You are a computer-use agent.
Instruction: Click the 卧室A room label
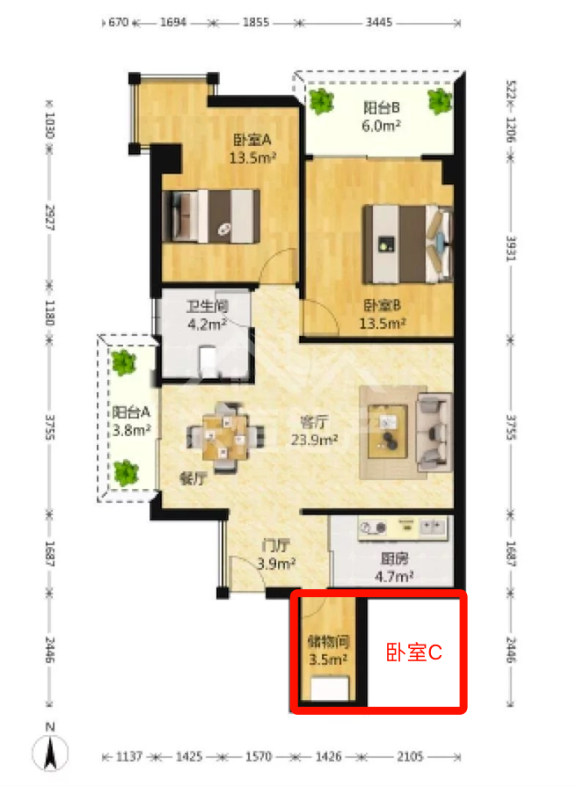[252, 140]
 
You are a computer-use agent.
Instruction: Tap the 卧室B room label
[382, 305]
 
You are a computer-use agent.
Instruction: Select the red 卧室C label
[413, 652]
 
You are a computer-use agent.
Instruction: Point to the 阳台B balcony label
[381, 107]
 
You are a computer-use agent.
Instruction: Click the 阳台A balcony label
[130, 412]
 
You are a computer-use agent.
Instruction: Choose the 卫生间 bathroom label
[207, 306]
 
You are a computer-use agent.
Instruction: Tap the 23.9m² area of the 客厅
[314, 440]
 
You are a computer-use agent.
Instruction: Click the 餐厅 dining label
[194, 478]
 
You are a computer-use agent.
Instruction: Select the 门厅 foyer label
[275, 545]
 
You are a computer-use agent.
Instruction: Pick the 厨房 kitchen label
[394, 558]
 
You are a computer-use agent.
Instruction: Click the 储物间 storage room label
[328, 641]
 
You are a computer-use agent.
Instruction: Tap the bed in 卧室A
[211, 216]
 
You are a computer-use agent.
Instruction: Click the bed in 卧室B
[408, 244]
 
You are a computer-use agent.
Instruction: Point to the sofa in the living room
[435, 432]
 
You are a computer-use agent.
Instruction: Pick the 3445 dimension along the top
[378, 22]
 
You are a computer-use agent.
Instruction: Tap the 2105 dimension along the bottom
[410, 756]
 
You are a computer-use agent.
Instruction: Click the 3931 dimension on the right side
[511, 249]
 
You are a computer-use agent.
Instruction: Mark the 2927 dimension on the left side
[50, 217]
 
